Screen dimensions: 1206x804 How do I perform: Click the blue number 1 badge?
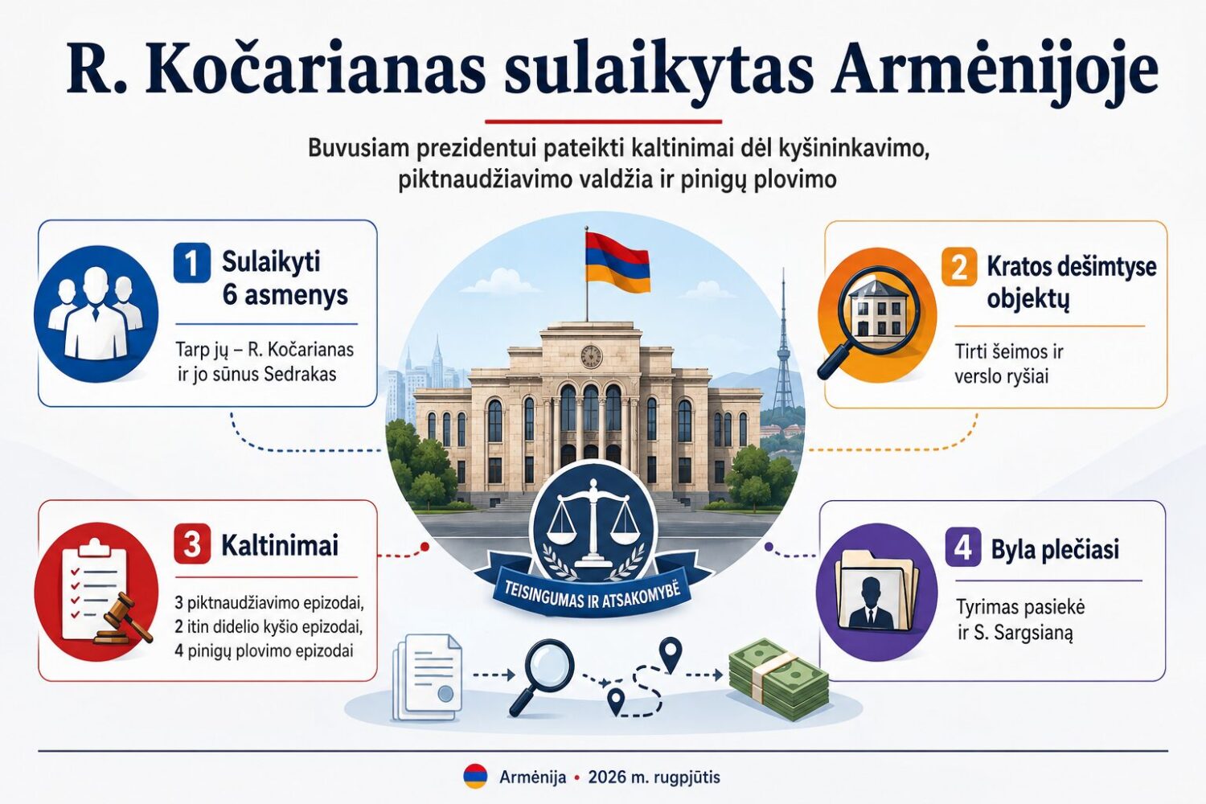(191, 263)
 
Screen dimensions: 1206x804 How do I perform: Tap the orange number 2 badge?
(959, 267)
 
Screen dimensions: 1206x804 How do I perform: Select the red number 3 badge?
(192, 545)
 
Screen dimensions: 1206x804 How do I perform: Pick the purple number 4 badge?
(963, 547)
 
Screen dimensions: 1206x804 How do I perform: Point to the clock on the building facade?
(591, 356)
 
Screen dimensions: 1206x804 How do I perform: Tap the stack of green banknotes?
(778, 679)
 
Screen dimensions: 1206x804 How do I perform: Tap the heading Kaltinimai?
(280, 545)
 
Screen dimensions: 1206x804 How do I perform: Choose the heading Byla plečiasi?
(1055, 549)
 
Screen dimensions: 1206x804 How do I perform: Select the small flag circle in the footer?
(475, 777)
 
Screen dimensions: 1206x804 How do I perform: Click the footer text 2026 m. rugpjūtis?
(654, 777)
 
